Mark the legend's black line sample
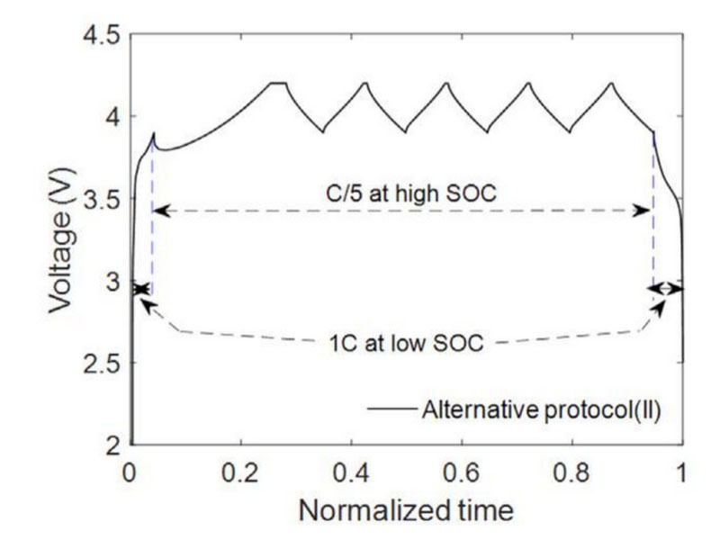coord(391,409)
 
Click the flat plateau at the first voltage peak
coord(278,83)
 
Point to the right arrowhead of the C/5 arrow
coord(645,211)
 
